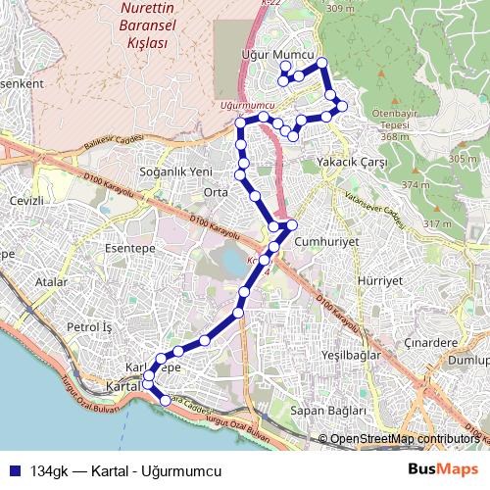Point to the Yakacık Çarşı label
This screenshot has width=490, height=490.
pos(347,162)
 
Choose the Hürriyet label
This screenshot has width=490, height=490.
pos(380,279)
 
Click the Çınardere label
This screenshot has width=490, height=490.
pos(431,343)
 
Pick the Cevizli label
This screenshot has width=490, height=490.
pos(27,201)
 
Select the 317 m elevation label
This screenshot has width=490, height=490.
pos(437,224)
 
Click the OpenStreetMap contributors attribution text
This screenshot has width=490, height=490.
pos(404,439)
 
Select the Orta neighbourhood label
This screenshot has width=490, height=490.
pos(215,192)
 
